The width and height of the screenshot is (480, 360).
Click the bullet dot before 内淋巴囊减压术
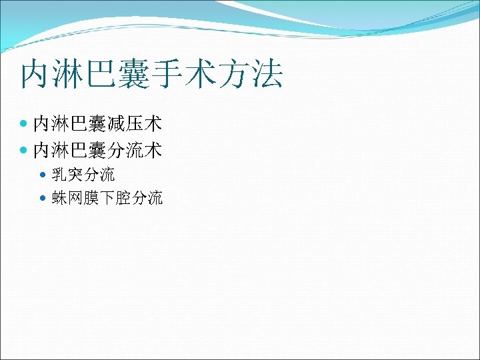coord(25,124)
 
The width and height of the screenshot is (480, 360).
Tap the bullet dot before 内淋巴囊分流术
coord(25,151)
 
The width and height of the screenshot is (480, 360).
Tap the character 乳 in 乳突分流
coord(59,175)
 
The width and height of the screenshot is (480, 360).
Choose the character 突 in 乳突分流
coord(75,175)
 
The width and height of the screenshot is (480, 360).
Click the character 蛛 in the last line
coord(59,198)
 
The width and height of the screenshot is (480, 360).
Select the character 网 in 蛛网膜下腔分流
coord(75,198)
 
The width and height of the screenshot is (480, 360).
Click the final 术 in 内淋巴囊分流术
coord(154,151)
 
